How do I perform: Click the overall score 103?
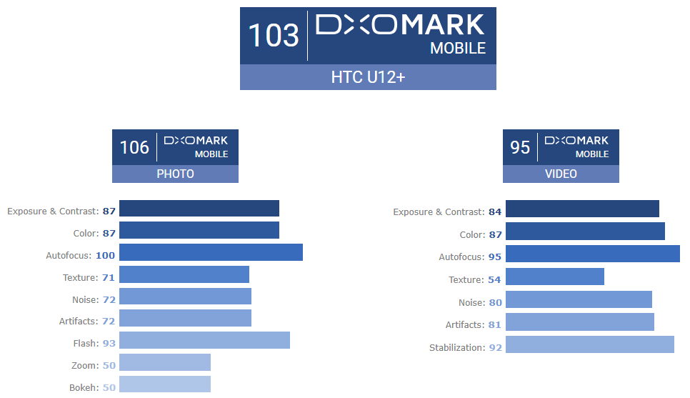(x=273, y=35)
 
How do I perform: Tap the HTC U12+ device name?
(x=368, y=77)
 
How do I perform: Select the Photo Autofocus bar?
(x=211, y=252)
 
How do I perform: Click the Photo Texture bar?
(x=184, y=274)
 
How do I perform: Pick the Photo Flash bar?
(x=204, y=340)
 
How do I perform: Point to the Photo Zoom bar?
(x=165, y=362)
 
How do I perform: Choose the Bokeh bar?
(x=165, y=384)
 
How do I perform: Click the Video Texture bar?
(x=555, y=277)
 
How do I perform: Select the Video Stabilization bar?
(x=590, y=344)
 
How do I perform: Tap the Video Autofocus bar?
(x=593, y=254)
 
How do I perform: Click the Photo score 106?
(x=134, y=147)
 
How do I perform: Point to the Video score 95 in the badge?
(x=520, y=147)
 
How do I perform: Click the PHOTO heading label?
(x=175, y=174)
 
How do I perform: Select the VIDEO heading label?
(x=561, y=174)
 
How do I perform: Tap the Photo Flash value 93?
(x=109, y=343)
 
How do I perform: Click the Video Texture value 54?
(x=494, y=279)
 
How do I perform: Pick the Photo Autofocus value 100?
(x=106, y=255)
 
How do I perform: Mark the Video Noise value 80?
(x=495, y=302)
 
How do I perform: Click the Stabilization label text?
(x=456, y=347)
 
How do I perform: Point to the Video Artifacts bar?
(x=580, y=322)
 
